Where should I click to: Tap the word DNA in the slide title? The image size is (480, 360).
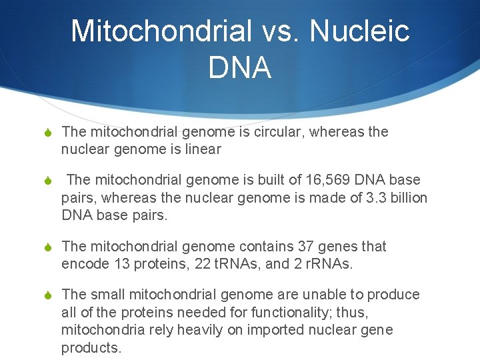[240, 68]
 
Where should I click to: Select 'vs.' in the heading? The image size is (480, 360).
[273, 31]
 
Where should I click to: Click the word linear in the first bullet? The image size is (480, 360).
[203, 149]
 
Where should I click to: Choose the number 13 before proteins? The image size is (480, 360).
[103, 264]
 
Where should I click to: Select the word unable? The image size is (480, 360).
[331, 295]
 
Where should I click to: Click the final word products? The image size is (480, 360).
[91, 347]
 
